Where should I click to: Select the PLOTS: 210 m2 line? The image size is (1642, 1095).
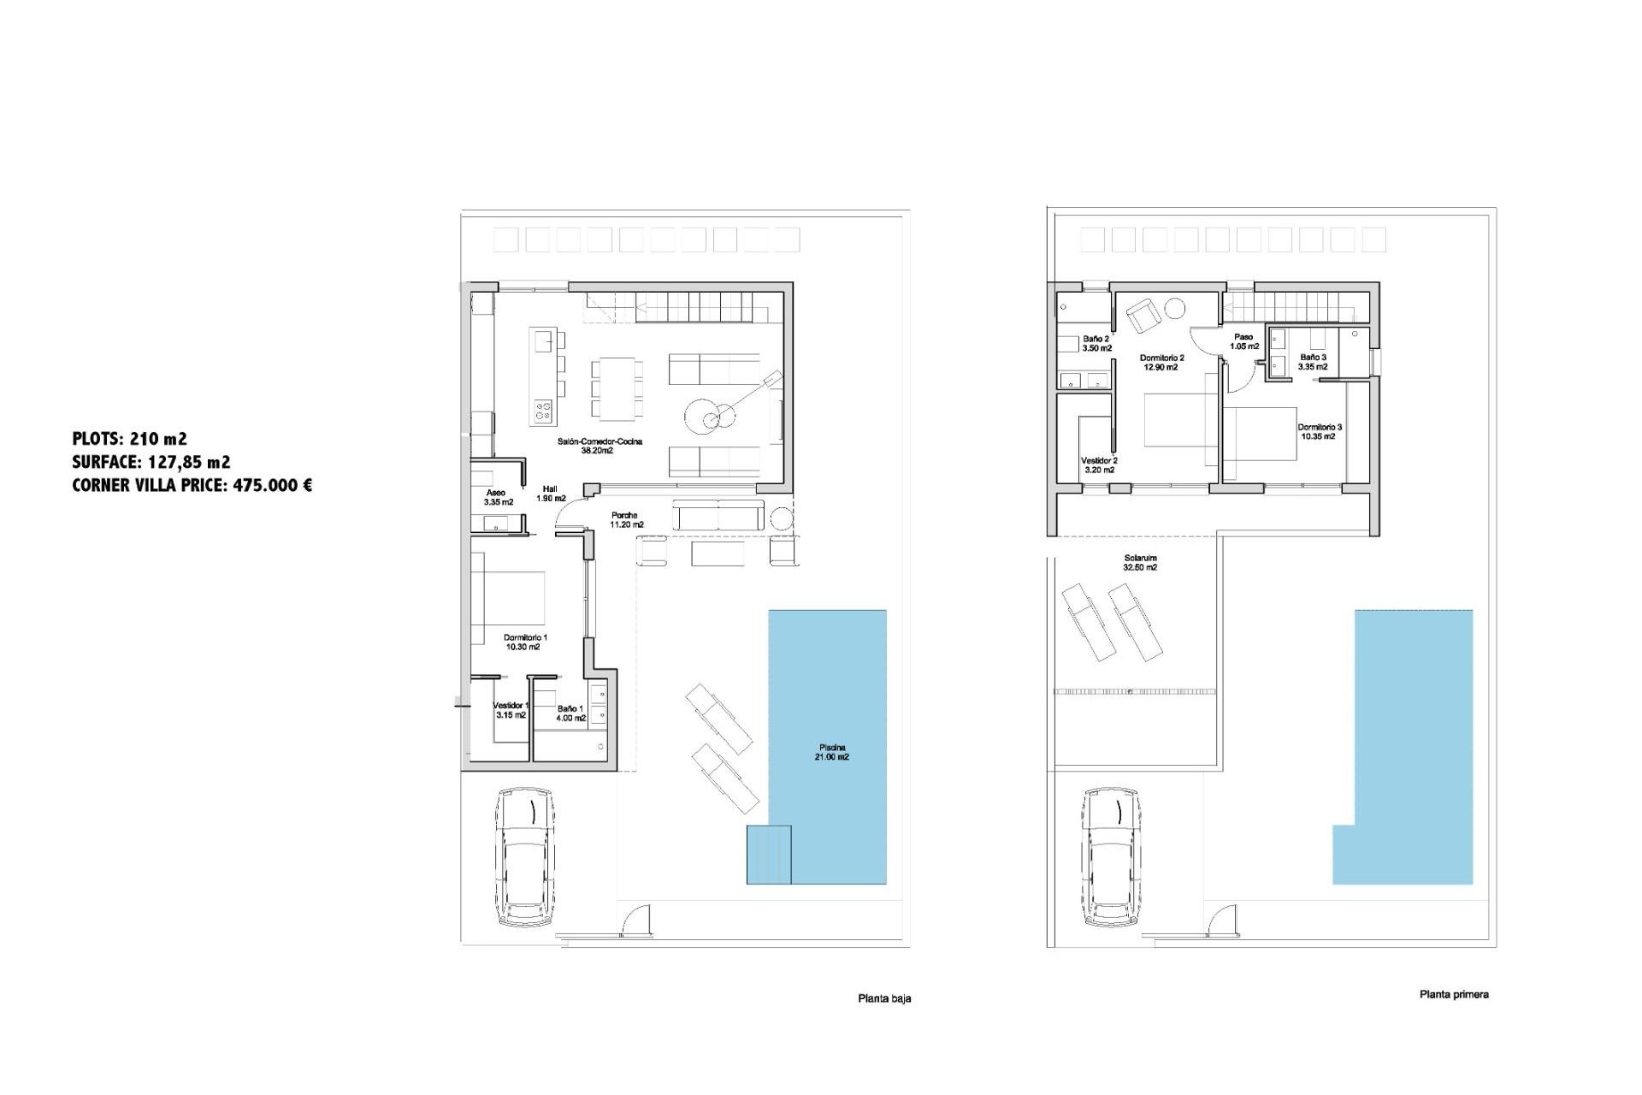coord(129,439)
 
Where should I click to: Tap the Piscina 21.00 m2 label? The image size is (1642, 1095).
coord(831,752)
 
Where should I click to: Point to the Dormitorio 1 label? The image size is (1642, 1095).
coord(524,642)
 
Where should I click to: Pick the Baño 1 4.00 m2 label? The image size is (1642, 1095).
coord(570,713)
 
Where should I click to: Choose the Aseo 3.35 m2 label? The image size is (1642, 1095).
coord(498,497)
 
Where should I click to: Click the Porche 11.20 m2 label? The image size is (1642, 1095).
coord(626,520)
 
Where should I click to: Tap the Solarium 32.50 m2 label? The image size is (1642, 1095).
coord(1140,562)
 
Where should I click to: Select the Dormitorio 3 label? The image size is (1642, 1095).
coord(1319,431)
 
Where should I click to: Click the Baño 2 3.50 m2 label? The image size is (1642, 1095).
coord(1096,343)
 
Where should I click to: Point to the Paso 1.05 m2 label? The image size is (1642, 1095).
coord(1243,341)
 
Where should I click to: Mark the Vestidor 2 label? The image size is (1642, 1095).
coord(1099,465)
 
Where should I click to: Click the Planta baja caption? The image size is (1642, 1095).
coord(884,998)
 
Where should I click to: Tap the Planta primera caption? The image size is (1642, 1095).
coord(1453,994)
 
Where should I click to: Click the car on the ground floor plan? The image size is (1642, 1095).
coord(525,856)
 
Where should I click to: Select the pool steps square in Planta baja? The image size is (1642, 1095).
coord(768,854)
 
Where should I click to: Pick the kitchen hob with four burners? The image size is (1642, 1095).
coord(543,411)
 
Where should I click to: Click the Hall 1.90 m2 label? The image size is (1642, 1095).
coord(550,494)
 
